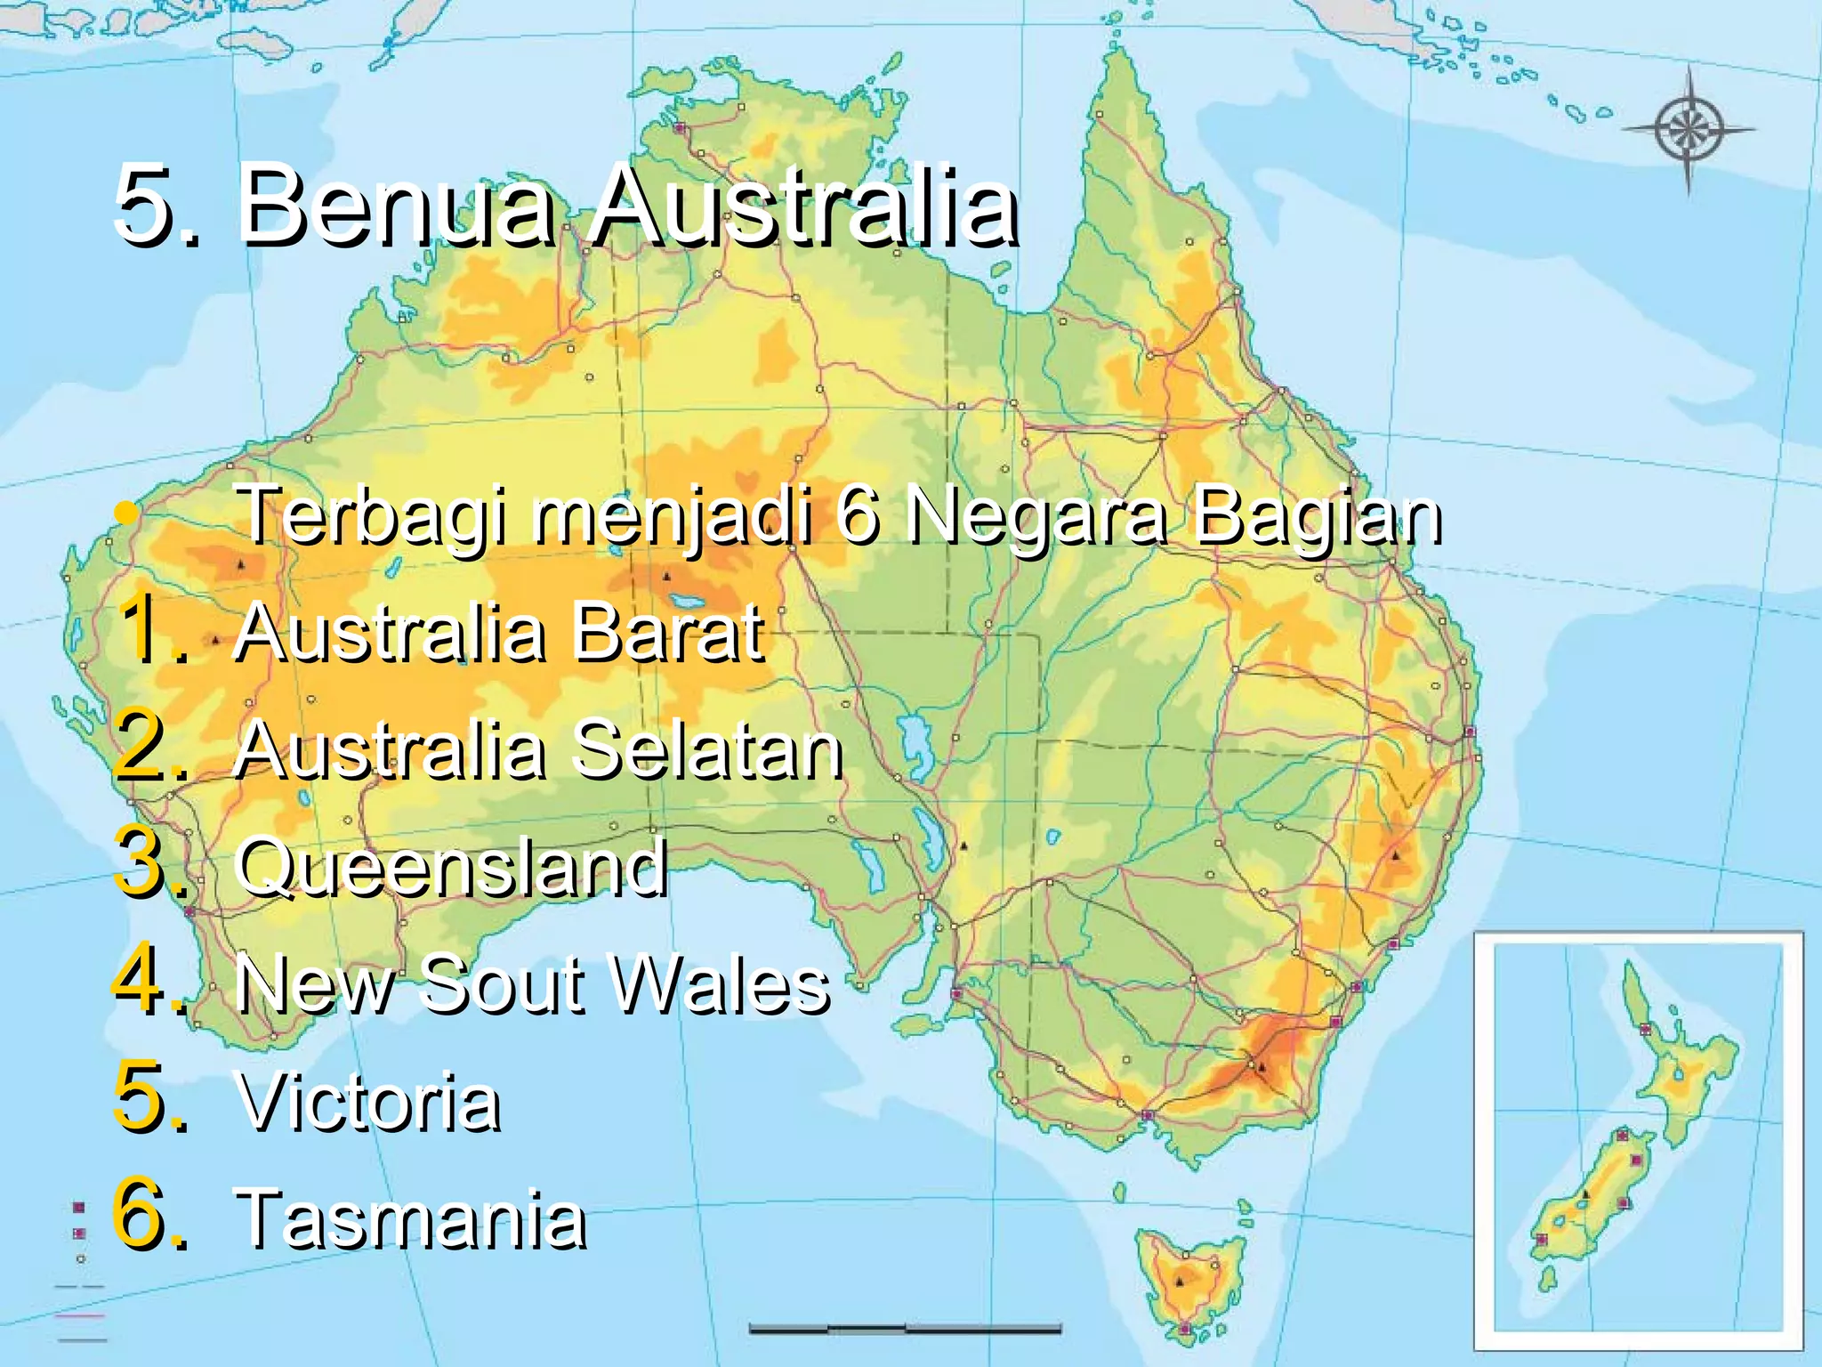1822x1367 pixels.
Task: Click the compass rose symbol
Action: (x=1688, y=130)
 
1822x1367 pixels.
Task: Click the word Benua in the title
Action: (x=394, y=206)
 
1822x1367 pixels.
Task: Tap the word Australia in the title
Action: (x=804, y=206)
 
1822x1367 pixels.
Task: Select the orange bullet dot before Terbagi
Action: (x=128, y=514)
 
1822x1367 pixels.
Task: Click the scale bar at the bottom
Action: (x=905, y=1329)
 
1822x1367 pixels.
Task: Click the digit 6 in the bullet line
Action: (x=857, y=516)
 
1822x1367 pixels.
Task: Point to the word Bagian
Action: (x=1317, y=516)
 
